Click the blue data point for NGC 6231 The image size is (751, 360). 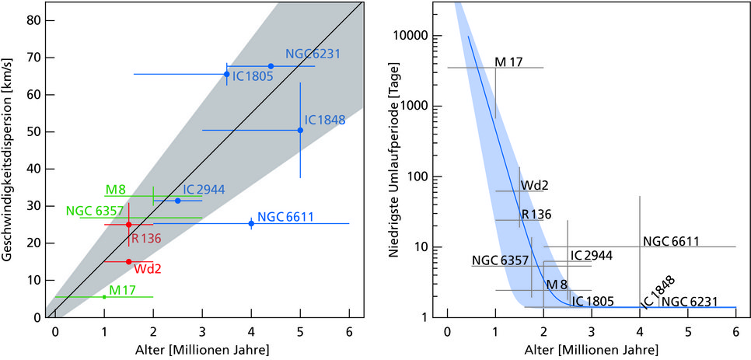pos(271,66)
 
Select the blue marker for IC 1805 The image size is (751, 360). pos(226,74)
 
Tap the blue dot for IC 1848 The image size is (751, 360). pos(300,130)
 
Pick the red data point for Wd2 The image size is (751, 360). pos(129,261)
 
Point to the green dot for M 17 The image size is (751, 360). pos(104,296)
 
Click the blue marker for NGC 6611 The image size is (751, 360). pos(251,223)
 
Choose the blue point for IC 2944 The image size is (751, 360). pos(178,201)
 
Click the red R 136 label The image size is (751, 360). pos(146,238)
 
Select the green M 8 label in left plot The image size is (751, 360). pos(116,190)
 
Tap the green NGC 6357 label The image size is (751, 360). pos(90,210)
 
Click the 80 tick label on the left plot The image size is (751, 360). pos(34,20)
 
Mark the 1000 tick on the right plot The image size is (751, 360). pos(421,106)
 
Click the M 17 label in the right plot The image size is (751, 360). pos(508,62)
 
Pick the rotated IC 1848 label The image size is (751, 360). pos(658,292)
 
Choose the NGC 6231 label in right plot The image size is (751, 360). pos(689,301)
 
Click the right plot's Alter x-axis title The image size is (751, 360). pos(592,349)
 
